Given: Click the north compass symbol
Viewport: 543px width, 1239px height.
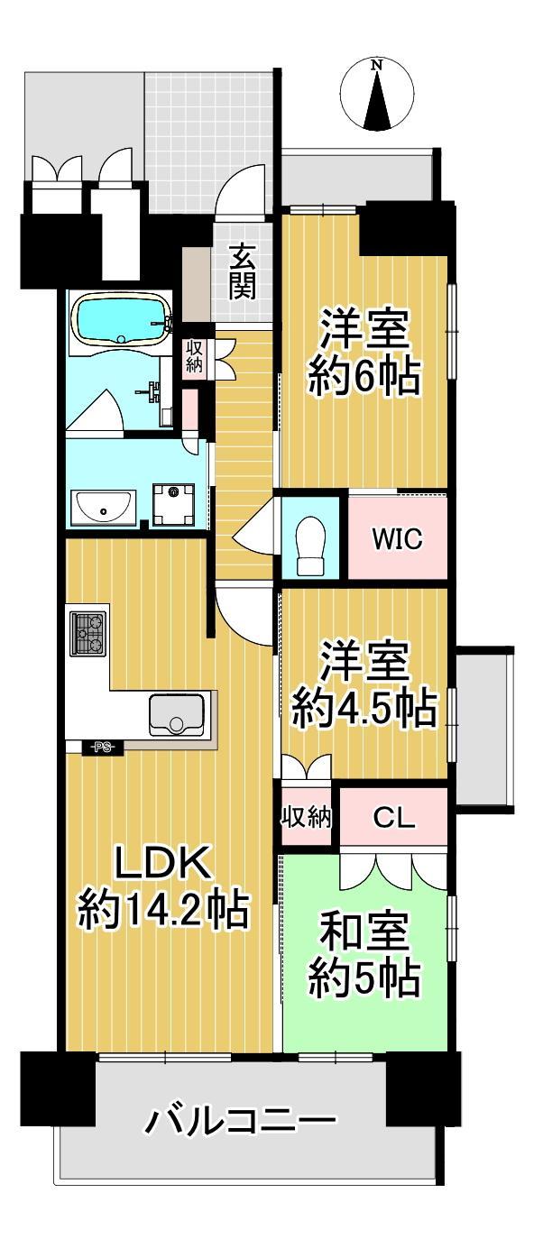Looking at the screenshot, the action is [x=377, y=94].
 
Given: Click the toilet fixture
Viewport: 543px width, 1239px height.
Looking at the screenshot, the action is [x=309, y=546].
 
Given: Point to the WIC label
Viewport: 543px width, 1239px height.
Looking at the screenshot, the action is [x=398, y=538].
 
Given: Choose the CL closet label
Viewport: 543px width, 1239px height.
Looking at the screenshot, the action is [x=393, y=818].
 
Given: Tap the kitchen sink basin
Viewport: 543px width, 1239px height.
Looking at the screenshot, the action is [x=177, y=714].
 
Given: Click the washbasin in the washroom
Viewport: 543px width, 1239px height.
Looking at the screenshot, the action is [x=103, y=507].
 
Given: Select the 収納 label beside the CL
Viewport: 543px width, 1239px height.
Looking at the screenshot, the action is [x=307, y=817].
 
